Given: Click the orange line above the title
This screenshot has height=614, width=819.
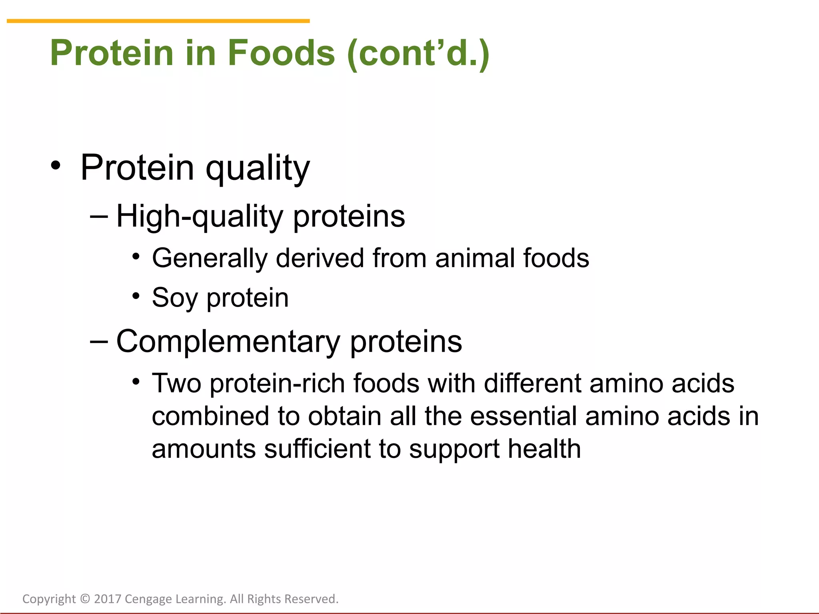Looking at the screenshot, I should click(x=158, y=21).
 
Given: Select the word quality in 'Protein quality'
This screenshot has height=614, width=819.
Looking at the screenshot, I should click(x=258, y=168).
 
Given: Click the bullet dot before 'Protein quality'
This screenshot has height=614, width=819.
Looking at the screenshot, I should click(x=56, y=165).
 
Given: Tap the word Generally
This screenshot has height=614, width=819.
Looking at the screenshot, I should click(x=210, y=259).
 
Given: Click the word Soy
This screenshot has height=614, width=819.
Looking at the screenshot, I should click(x=175, y=298).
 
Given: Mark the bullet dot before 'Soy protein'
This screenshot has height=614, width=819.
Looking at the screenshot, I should click(x=136, y=296).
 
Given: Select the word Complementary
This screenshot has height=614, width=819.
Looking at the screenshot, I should click(x=228, y=342).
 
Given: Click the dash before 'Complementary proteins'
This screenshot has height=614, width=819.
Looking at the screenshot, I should click(x=99, y=342).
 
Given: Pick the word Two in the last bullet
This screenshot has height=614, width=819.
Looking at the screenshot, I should click(x=176, y=383).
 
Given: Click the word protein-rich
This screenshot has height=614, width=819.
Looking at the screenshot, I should click(x=277, y=383).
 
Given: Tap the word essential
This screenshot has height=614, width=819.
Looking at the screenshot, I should click(x=523, y=416).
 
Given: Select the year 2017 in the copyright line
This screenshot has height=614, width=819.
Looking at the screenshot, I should click(x=108, y=599).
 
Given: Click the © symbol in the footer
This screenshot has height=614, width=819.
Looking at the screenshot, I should click(x=85, y=599).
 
